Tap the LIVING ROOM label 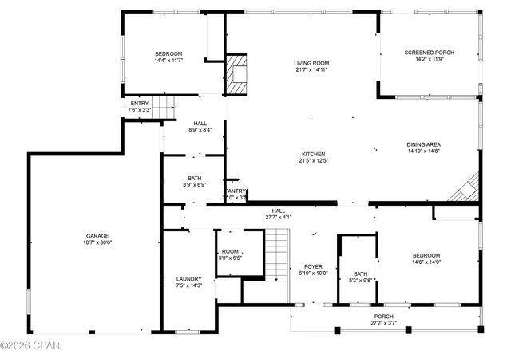[x=311, y=63]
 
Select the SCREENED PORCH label [x=429, y=53]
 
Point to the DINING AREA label [x=424, y=144]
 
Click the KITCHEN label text [x=313, y=154]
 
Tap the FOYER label [x=312, y=266]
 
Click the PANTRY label [x=236, y=191]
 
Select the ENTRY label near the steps [x=140, y=103]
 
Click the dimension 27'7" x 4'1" [x=278, y=217]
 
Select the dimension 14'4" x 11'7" [x=168, y=60]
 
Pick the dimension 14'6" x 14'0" [x=426, y=262]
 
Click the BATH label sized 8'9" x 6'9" [x=195, y=178]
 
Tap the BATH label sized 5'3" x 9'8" [x=360, y=273]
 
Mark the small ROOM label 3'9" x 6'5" [x=230, y=251]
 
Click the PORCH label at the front [x=384, y=316]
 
